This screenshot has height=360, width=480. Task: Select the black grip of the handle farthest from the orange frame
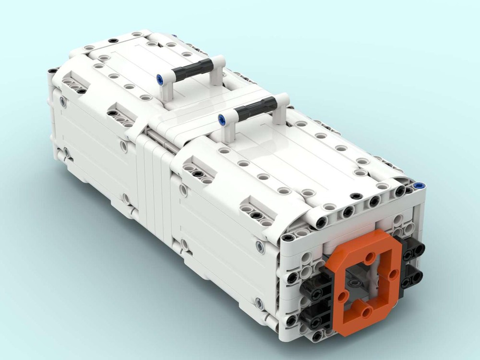(192, 70)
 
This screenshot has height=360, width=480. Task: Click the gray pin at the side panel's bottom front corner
(259, 303)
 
